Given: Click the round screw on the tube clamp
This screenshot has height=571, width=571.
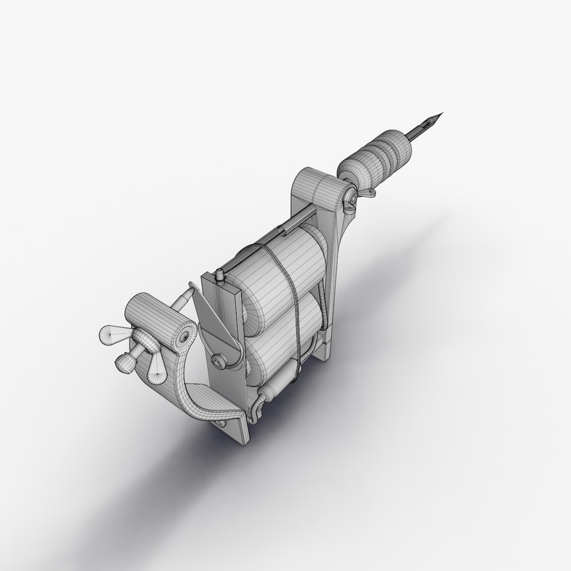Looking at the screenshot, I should click(349, 200).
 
